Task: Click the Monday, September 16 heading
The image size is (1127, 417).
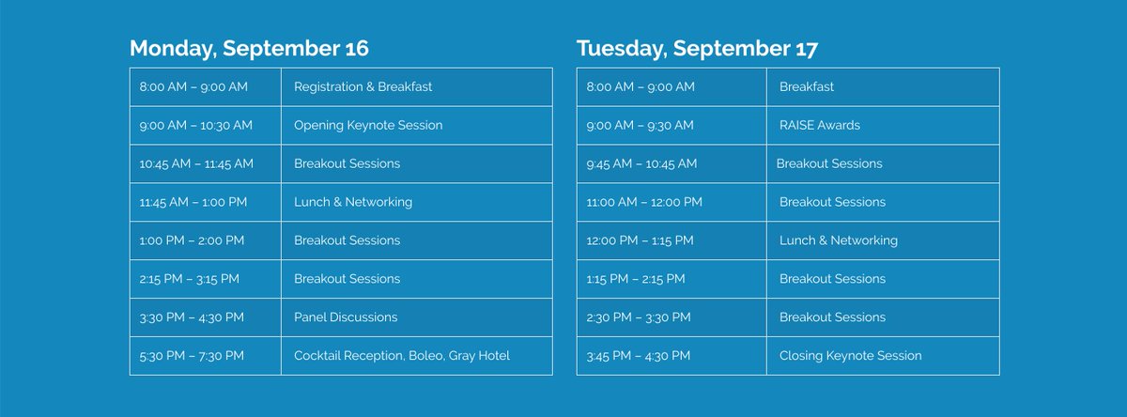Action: pos(249,48)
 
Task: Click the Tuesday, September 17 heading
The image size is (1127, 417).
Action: pos(698,48)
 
